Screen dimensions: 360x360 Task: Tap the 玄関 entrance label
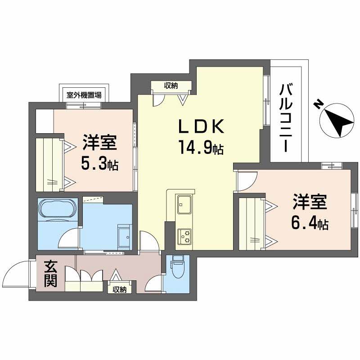(50, 274)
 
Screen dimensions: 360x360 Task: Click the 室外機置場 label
(84, 95)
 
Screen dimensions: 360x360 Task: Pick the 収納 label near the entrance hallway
(120, 289)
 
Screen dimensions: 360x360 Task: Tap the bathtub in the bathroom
(59, 210)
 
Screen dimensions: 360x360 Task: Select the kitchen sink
(184, 205)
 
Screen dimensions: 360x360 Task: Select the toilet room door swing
(154, 284)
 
